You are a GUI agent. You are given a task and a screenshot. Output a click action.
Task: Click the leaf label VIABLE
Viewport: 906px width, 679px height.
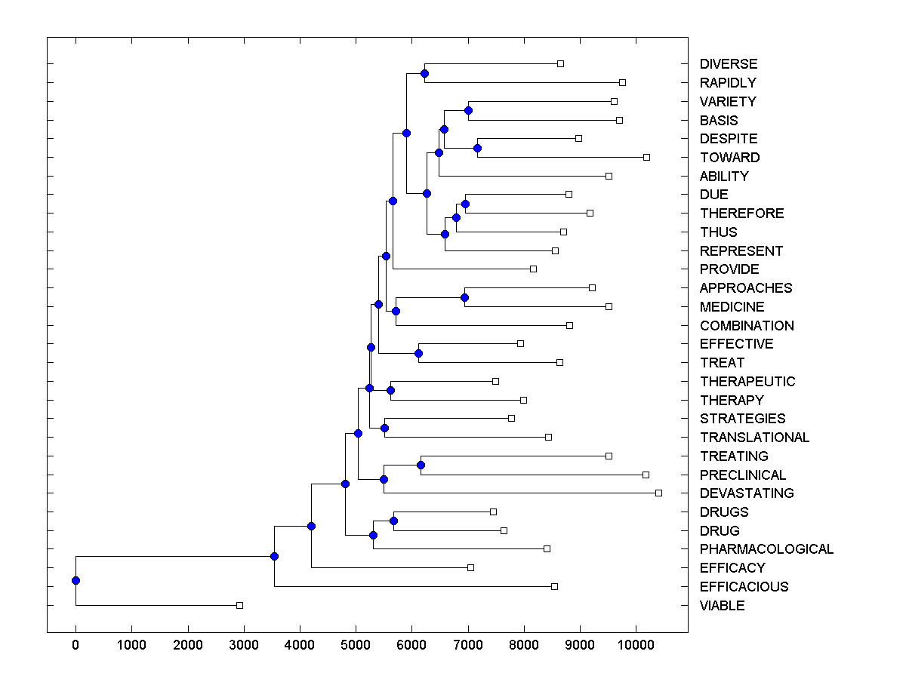(x=722, y=606)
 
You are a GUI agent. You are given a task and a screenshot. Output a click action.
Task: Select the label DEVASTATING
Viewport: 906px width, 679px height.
(x=747, y=493)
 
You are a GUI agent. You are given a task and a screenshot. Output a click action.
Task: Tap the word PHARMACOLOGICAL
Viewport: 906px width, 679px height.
(x=766, y=549)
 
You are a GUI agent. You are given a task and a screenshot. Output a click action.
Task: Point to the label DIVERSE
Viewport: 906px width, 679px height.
(x=728, y=64)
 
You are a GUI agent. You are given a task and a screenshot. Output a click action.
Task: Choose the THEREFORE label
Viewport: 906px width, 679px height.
(x=741, y=214)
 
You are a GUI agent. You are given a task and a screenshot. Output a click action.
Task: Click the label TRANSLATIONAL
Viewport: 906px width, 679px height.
(x=754, y=438)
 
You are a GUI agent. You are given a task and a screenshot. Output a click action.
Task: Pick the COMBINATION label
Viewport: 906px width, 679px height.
(x=747, y=326)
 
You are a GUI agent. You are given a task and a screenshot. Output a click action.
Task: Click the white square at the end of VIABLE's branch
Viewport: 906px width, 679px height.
(x=239, y=605)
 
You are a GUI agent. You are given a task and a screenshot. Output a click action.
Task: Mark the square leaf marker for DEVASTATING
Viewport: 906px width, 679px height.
(x=658, y=493)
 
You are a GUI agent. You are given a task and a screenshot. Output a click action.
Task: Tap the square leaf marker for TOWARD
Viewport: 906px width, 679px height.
(x=646, y=157)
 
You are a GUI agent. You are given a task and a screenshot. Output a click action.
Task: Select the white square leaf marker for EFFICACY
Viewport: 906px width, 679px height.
(x=470, y=567)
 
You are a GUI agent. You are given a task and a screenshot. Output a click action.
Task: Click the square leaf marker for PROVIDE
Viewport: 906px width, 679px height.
(x=533, y=269)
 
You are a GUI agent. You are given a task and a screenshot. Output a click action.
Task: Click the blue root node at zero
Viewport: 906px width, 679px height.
(x=75, y=580)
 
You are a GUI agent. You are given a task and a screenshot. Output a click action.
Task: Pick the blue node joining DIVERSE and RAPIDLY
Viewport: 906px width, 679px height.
(x=424, y=73)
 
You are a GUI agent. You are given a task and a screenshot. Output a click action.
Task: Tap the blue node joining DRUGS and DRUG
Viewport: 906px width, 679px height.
(x=393, y=521)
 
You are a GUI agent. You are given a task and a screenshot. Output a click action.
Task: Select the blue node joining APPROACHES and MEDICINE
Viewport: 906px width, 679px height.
(x=464, y=297)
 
